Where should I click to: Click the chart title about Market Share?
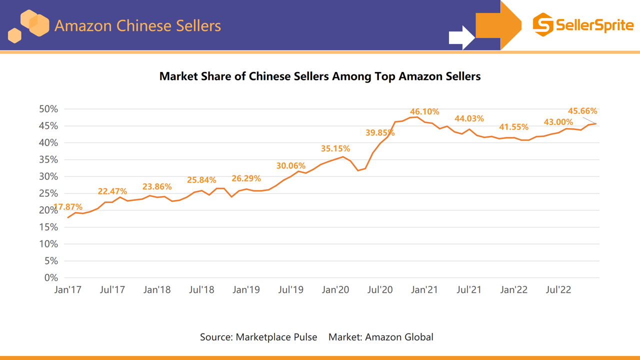pos(320,76)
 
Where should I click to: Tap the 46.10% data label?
pos(424,111)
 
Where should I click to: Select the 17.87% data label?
pos(68,207)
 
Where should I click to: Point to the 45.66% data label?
pos(582,111)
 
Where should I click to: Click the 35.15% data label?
pos(335,148)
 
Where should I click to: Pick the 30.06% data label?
pos(290,165)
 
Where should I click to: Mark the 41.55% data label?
pos(513,127)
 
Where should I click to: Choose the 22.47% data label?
pos(112,191)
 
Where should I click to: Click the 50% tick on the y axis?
pos(48,109)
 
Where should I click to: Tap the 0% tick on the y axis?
pos(51,277)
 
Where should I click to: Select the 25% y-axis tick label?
pos(48,193)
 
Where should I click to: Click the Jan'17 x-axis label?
pos(67,290)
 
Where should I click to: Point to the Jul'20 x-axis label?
pos(380,290)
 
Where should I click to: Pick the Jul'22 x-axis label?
pos(558,290)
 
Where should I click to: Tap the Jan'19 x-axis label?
pos(246,290)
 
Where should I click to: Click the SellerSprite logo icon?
pos(543,25)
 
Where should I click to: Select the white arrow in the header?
pos(461,37)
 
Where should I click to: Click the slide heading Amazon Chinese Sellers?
pos(137,25)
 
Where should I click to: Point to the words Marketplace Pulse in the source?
pos(276,337)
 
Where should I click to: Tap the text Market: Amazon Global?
pos(380,337)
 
